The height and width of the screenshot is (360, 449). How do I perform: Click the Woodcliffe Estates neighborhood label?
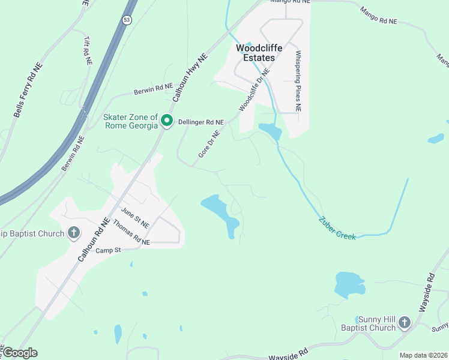pos(255,53)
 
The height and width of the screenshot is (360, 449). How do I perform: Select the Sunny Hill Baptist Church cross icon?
pos(404,323)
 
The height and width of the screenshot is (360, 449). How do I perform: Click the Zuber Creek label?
pos(337,229)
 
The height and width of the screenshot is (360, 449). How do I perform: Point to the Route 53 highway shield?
pos(126,20)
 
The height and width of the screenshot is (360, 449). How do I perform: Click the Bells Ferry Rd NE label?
pos(28,90)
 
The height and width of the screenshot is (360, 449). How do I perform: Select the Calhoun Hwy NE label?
pos(190,77)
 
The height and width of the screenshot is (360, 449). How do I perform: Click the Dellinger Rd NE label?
pos(201,122)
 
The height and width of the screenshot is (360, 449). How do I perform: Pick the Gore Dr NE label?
pos(209,145)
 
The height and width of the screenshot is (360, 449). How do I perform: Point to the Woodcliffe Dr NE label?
pos(255,89)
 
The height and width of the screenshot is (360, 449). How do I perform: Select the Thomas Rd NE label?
pos(131,233)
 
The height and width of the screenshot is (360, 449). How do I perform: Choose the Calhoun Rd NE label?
pos(94,239)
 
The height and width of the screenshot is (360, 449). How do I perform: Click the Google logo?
pos(20,352)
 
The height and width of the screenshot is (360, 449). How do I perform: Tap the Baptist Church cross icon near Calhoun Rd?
pos(74,233)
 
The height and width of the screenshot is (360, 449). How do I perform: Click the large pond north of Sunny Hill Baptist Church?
pos(349,285)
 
